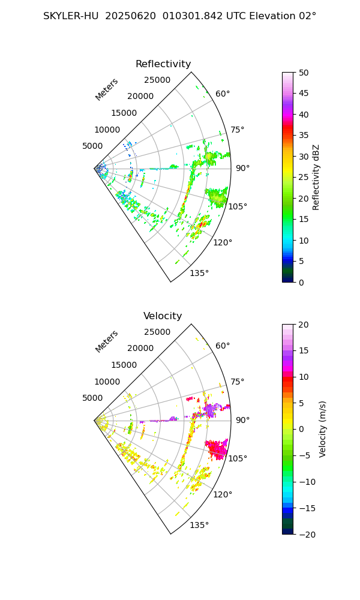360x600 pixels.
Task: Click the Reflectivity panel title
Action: click(x=163, y=64)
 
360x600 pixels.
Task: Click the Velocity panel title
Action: click(x=163, y=316)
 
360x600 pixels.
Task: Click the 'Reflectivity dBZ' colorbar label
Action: click(x=316, y=177)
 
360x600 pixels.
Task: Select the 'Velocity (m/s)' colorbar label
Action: click(x=322, y=429)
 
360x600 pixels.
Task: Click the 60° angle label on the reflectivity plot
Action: click(x=223, y=94)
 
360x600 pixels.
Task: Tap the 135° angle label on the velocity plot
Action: click(x=199, y=526)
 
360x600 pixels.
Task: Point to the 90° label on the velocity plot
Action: click(x=242, y=420)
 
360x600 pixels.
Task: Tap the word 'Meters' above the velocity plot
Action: click(x=107, y=341)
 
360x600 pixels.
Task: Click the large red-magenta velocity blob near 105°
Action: click(x=216, y=448)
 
